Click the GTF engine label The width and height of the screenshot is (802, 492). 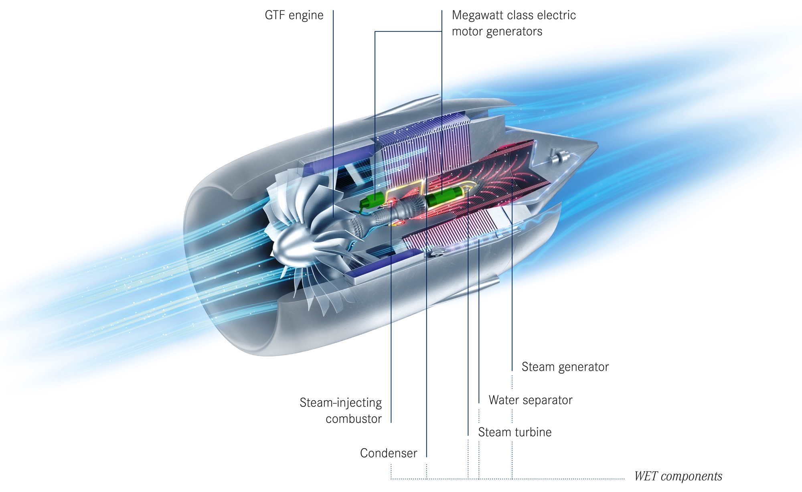[294, 16]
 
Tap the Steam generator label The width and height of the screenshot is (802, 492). [565, 367]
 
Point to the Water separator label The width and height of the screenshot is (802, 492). [531, 400]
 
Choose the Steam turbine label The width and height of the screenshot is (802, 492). [515, 432]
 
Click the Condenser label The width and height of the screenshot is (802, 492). [389, 453]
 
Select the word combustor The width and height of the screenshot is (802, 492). [354, 419]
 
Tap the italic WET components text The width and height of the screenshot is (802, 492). [678, 476]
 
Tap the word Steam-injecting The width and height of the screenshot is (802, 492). [340, 403]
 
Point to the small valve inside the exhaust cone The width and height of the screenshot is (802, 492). [560, 157]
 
